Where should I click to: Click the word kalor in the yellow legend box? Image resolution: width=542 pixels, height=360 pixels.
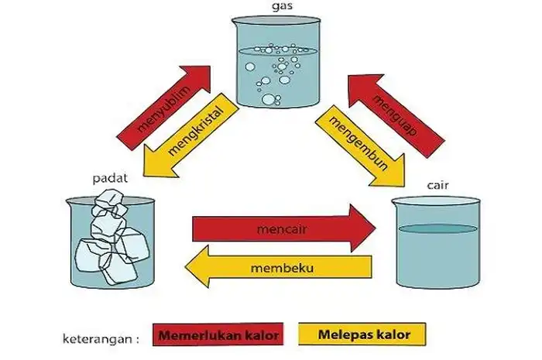tap(394, 335)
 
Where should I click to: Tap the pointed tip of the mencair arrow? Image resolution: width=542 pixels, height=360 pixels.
tap(375, 228)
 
